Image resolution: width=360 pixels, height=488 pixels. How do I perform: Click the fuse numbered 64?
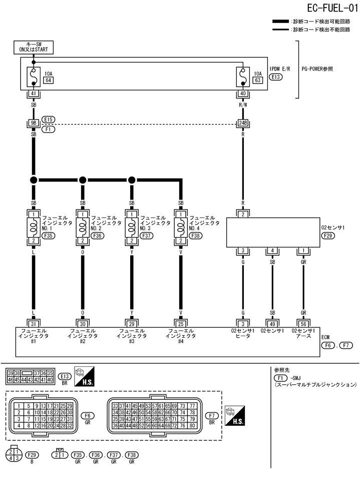tap(49, 80)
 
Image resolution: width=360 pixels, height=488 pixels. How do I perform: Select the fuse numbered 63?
tap(258, 80)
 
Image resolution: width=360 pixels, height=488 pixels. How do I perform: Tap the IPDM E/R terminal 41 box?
tap(33, 94)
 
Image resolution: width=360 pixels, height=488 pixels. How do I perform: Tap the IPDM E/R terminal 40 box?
tap(242, 94)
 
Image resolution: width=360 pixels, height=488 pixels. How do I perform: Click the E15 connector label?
tap(49, 120)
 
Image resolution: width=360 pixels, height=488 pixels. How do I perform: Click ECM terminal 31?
tap(33, 323)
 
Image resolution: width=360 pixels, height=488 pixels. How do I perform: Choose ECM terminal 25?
tap(180, 323)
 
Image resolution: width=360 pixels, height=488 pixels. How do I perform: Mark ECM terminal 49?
tap(273, 323)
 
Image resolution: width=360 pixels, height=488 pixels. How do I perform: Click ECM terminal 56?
tap(303, 323)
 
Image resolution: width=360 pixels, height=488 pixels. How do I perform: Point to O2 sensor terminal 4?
tap(273, 251)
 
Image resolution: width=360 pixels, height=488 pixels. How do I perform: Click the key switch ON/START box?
tap(33, 48)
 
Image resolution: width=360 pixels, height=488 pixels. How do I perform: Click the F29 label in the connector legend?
tap(33, 455)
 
